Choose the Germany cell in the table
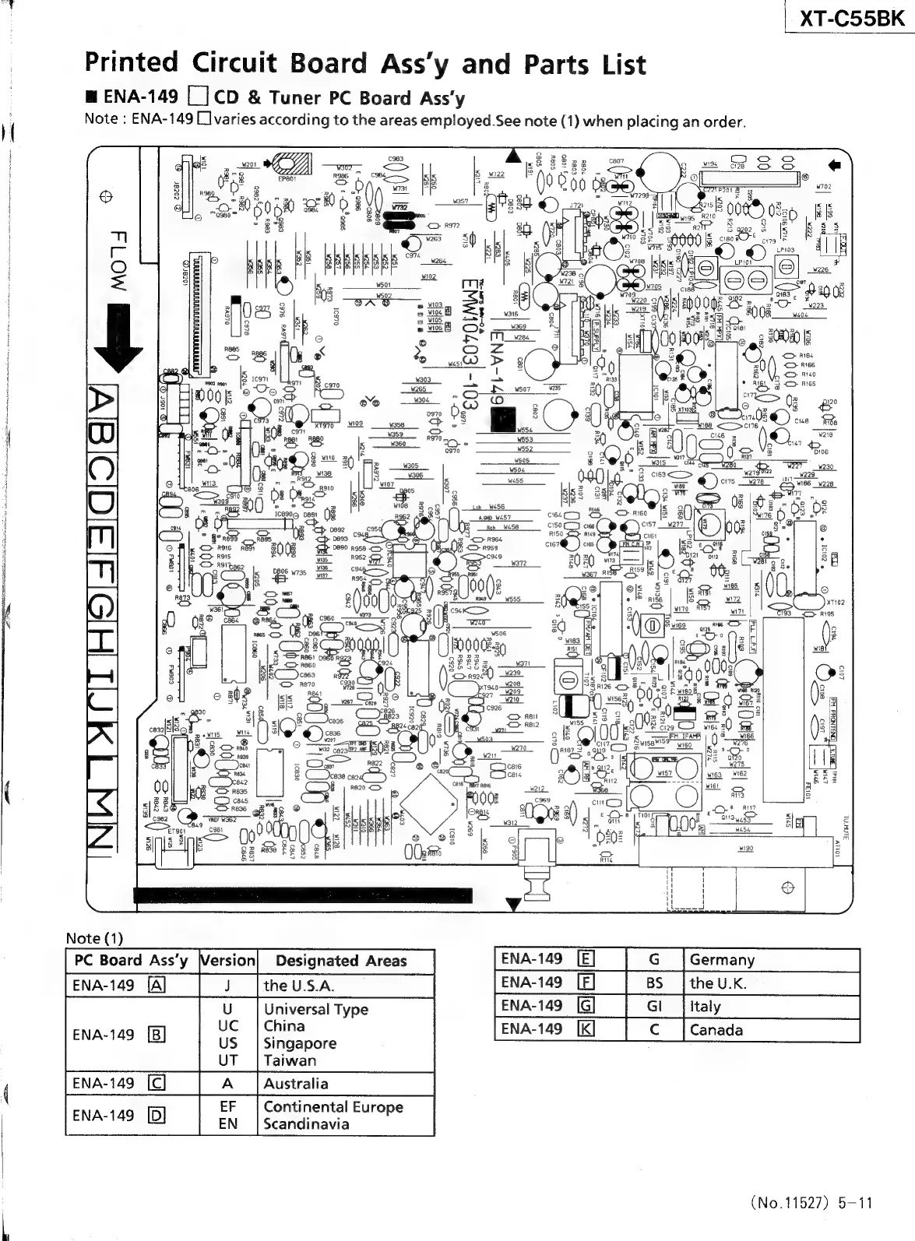coord(722,960)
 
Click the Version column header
coord(227,961)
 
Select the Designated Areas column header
coord(341,961)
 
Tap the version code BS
coord(654,983)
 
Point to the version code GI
coord(654,1006)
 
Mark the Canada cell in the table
coord(716,1029)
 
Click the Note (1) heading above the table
coord(94,938)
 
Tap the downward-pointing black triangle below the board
coord(512,904)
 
